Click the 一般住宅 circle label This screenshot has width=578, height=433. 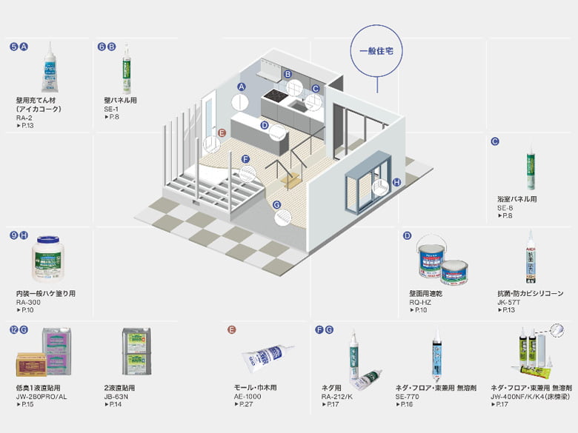tap(375, 52)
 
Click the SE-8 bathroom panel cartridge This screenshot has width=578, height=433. tap(531, 171)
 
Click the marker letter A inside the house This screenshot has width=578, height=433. tap(240, 87)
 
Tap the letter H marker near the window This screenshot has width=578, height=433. tap(396, 181)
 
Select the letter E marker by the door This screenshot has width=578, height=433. tap(221, 134)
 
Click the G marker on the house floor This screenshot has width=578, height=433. tap(277, 205)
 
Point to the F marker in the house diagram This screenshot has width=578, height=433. tap(245, 158)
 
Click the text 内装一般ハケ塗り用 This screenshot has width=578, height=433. tap(45, 294)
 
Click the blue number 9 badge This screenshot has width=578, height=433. tap(14, 235)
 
